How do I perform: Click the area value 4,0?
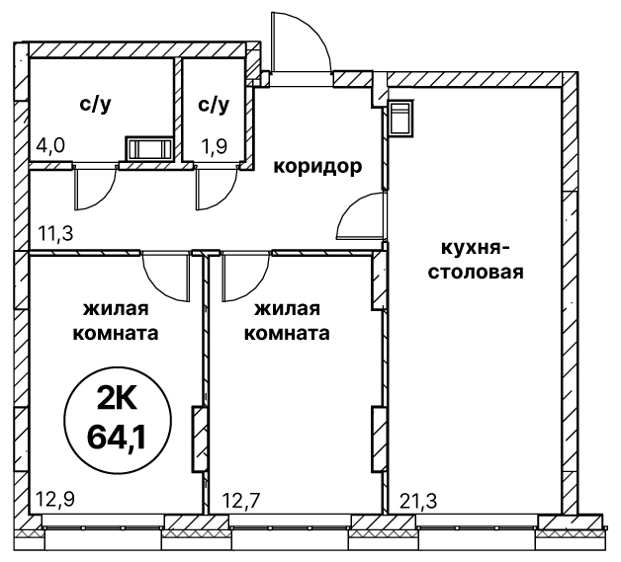point(50,146)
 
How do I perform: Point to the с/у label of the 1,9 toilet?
point(213,104)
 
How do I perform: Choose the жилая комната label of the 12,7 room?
point(292,320)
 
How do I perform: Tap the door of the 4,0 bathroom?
point(95,186)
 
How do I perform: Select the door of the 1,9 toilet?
point(215,186)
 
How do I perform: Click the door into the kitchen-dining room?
point(361,217)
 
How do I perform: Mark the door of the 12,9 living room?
point(163,276)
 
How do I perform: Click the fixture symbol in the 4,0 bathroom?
point(147,149)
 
